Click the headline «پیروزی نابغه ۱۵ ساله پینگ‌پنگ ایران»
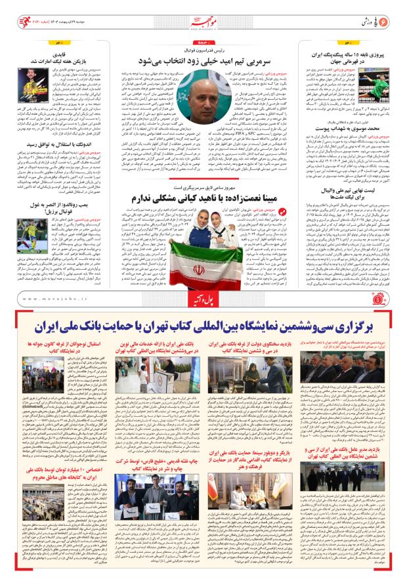[x=353, y=53]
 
